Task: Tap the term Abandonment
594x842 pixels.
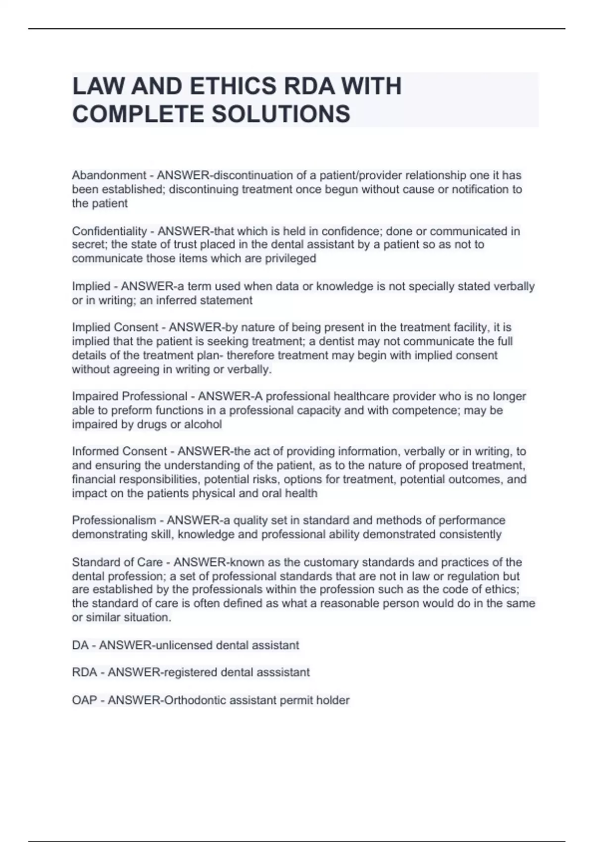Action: coord(109,175)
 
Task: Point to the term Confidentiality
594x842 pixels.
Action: coord(109,231)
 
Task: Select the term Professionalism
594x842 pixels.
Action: coord(114,521)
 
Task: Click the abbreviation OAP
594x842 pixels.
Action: coord(84,700)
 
